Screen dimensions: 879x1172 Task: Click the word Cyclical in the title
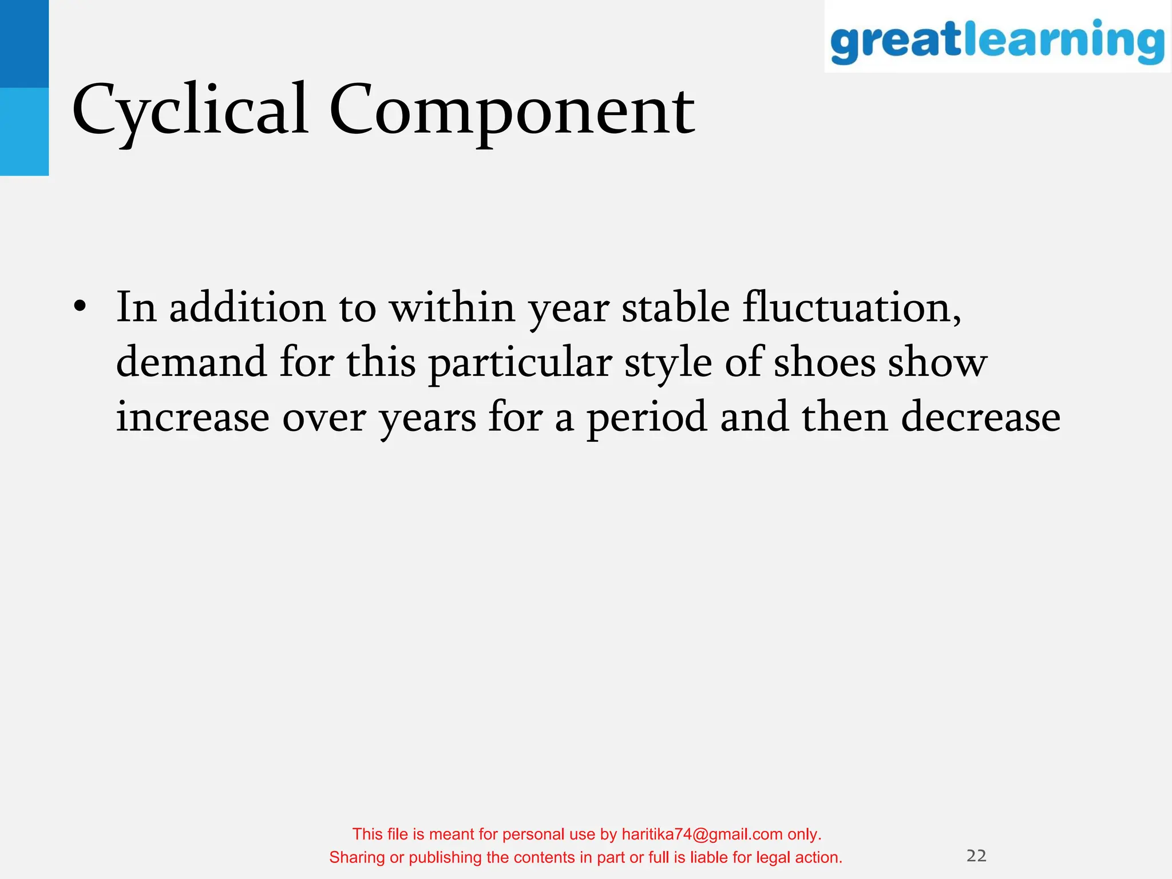pyautogui.click(x=190, y=110)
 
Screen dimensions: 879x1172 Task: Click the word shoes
pyautogui.click(x=824, y=363)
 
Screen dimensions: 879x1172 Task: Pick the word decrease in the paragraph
pyautogui.click(x=980, y=417)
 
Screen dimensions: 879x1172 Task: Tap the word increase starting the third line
pyautogui.click(x=192, y=417)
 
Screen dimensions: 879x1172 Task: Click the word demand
pyautogui.click(x=191, y=363)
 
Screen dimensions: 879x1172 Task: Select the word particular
pyautogui.click(x=520, y=364)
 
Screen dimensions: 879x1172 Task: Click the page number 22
pyautogui.click(x=976, y=856)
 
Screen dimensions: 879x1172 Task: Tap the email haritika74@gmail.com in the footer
pyautogui.click(x=702, y=834)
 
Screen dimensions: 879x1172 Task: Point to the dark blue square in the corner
pyautogui.click(x=24, y=43)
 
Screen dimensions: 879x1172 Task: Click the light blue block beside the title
pyautogui.click(x=24, y=132)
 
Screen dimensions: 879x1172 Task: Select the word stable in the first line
pyautogui.click(x=675, y=307)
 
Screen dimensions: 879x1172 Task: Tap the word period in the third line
pyautogui.click(x=647, y=418)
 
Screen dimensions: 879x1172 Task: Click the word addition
pyautogui.click(x=247, y=307)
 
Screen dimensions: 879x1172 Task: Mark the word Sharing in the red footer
pyautogui.click(x=357, y=857)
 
